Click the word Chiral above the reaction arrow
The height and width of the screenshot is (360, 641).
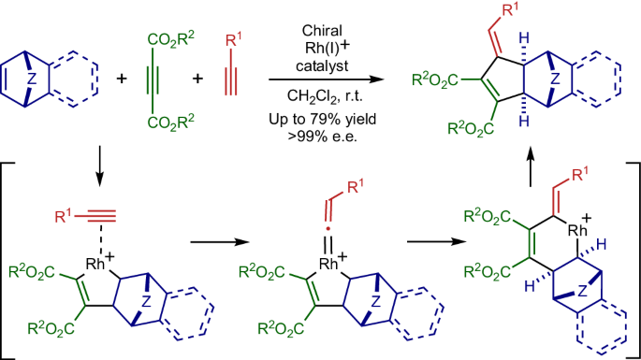click(313, 19)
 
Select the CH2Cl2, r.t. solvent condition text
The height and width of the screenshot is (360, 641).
click(313, 94)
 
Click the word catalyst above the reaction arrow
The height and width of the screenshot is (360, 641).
click(313, 58)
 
